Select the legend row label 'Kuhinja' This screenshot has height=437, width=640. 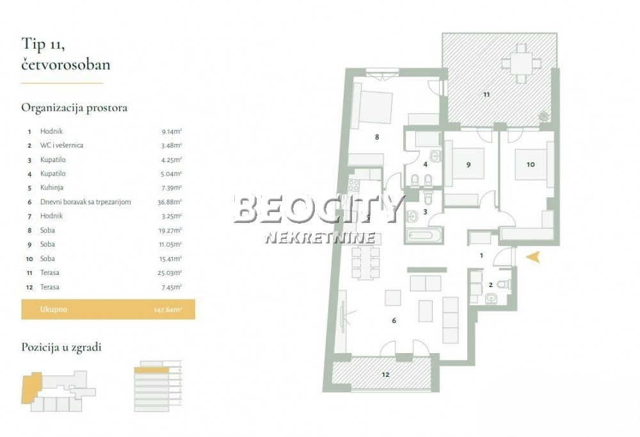[x=52, y=188]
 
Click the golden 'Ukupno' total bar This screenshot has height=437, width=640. [x=108, y=309]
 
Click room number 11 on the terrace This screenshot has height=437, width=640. [x=486, y=94]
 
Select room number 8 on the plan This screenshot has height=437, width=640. [x=377, y=136]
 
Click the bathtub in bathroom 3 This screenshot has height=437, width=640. [x=423, y=235]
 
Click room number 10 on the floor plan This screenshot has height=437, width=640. [x=531, y=164]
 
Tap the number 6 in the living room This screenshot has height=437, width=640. [x=394, y=320]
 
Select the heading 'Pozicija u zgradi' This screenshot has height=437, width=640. [x=61, y=347]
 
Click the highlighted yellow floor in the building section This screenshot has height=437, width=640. [x=153, y=370]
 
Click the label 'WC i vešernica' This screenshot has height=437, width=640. [x=61, y=145]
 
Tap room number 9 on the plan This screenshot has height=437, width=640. [x=468, y=165]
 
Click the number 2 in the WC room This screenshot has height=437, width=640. [x=490, y=285]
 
